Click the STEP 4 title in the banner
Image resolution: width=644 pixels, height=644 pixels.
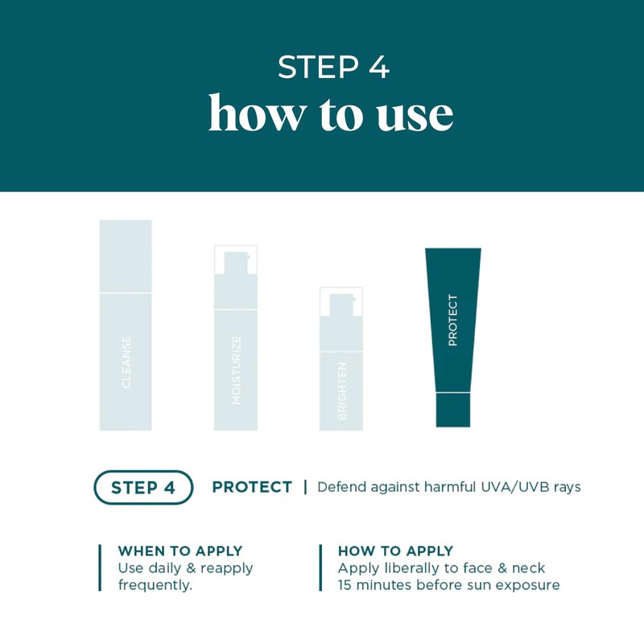[333, 68]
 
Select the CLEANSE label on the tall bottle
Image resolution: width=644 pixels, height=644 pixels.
[126, 362]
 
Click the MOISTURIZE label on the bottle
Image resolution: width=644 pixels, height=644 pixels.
[236, 369]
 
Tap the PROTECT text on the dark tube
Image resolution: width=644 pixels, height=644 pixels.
[452, 320]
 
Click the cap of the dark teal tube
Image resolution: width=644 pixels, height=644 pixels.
[452, 410]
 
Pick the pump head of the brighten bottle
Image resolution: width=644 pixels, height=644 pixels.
[341, 302]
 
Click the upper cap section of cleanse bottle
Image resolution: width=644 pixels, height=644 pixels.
[126, 256]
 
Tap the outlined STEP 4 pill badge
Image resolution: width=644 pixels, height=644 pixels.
[144, 487]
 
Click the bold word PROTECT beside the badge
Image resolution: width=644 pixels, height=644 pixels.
[252, 487]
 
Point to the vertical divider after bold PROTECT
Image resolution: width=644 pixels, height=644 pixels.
[305, 487]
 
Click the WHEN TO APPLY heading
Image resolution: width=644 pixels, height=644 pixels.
[180, 551]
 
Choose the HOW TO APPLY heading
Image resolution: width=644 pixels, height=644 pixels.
[395, 551]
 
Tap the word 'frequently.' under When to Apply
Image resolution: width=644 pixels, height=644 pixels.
[155, 585]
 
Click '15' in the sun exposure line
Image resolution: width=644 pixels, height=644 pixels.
[347, 585]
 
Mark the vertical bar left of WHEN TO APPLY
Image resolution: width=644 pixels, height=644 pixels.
[100, 568]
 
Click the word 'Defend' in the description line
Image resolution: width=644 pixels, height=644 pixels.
[341, 487]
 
